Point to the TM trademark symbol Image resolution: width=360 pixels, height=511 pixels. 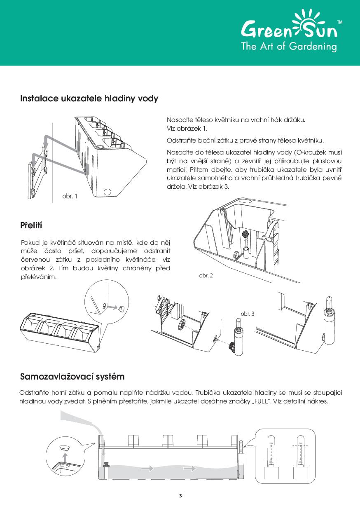click(339, 21)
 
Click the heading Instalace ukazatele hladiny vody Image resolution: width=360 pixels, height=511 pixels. click(89, 99)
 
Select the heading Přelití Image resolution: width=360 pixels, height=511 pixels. click(31, 225)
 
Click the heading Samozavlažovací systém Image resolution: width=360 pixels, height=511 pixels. click(72, 377)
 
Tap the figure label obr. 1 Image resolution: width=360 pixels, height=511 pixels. click(70, 196)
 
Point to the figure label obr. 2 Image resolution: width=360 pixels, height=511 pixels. click(206, 275)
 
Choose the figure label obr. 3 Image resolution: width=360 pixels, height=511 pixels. click(248, 314)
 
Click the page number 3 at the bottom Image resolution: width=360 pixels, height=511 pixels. click(180, 495)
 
